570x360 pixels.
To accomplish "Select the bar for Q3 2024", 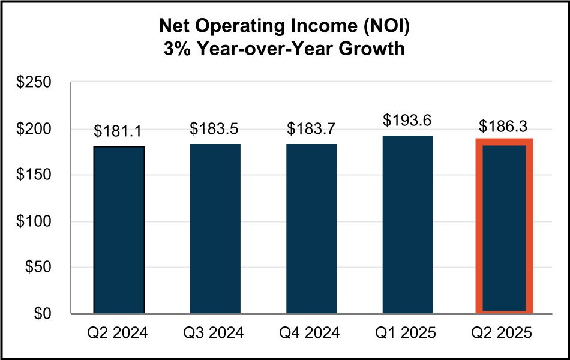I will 215,229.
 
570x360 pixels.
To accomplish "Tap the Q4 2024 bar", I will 311,229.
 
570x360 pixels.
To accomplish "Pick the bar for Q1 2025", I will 408,224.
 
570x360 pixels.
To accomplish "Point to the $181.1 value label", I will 119,131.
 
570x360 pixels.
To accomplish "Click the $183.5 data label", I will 215,129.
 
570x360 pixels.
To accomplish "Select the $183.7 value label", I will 311,129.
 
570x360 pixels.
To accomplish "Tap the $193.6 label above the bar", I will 408,121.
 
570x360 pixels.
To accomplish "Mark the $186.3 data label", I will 504,127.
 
